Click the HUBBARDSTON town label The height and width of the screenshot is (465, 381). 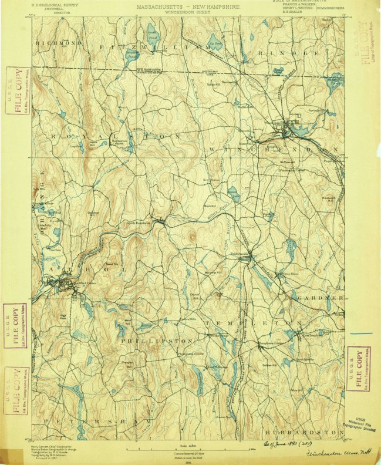point(300,432)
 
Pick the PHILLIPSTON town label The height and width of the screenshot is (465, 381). point(157,341)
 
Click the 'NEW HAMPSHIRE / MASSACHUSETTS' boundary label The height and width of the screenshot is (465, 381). point(144,70)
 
